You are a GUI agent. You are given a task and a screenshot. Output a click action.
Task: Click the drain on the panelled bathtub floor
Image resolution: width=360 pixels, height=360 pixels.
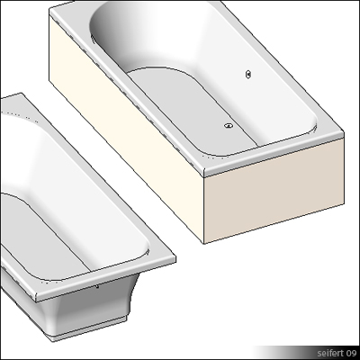click(229, 126)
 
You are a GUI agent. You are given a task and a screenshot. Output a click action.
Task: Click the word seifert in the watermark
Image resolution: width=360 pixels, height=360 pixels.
click(320, 351)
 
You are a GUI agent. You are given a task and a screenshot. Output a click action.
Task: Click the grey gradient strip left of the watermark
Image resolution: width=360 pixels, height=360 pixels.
click(274, 351)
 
